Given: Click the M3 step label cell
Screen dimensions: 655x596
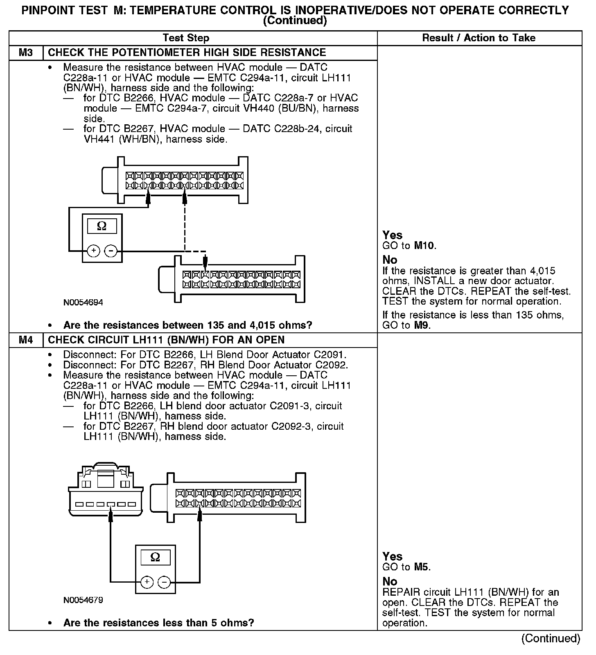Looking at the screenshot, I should click(25, 53).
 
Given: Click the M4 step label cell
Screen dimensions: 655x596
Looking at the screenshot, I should click(25, 340).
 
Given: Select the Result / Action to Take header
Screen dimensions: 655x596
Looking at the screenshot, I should click(479, 38).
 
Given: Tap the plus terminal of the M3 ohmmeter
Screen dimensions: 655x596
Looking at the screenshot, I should click(94, 251).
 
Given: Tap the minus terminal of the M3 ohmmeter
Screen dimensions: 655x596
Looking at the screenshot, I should click(111, 251).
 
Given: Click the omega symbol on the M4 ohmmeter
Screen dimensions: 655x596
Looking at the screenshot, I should click(155, 557).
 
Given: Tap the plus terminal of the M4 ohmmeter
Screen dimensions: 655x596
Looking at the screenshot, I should click(147, 581).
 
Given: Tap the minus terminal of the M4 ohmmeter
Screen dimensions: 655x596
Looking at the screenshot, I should click(164, 581).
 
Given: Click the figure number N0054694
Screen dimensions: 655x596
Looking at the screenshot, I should click(83, 303).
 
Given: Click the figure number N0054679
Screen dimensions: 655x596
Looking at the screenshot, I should click(83, 600).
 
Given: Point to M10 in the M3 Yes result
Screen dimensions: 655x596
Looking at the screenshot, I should click(425, 246).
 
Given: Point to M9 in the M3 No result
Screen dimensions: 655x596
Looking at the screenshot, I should click(422, 325).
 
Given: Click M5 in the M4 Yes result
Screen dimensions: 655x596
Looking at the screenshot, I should click(422, 567).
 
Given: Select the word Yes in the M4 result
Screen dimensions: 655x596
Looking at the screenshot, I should click(392, 556).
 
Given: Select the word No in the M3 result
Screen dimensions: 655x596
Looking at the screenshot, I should click(390, 260).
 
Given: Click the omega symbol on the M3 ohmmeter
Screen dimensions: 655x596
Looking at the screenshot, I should click(102, 226).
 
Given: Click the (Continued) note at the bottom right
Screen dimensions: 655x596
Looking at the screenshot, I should click(551, 638).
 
